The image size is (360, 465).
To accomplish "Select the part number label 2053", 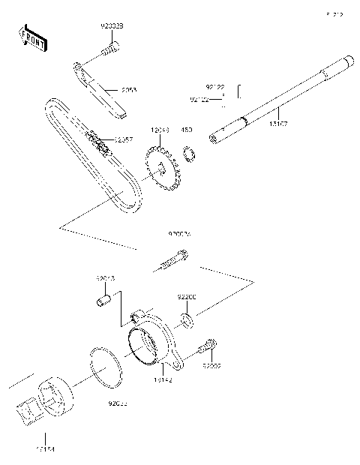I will tap(130, 89).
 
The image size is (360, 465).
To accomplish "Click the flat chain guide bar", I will tap(100, 89).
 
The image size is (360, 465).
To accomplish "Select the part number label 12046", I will tap(159, 130).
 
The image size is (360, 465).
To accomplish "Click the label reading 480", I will tap(187, 130).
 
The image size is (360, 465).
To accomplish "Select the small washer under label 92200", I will tap(187, 322).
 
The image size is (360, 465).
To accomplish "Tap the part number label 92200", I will tap(187, 297).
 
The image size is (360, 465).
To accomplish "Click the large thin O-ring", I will tap(104, 367).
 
